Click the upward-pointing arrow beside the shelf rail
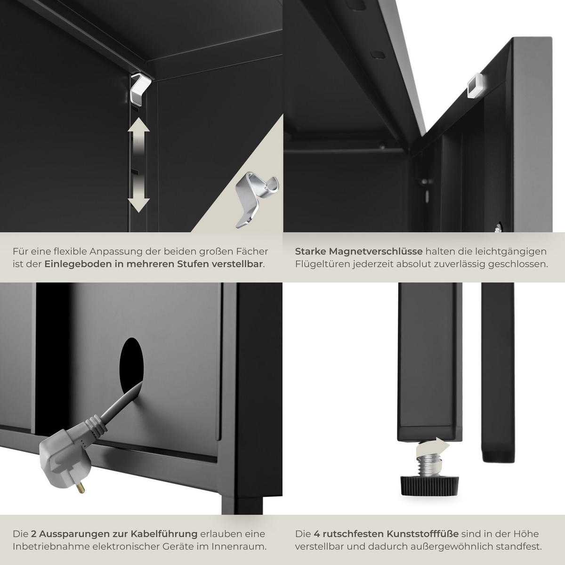click(138, 133)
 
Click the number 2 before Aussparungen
click(34, 534)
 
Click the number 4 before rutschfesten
click(316, 534)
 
